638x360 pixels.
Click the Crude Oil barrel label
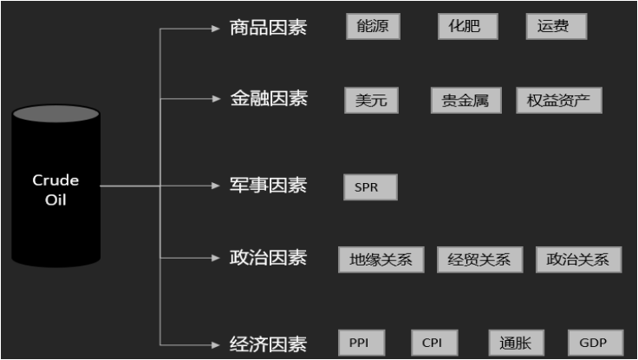coord(55,190)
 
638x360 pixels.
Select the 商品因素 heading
coord(268,28)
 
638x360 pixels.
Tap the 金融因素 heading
coord(268,99)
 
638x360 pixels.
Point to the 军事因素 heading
coord(268,185)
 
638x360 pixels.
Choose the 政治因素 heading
coord(268,258)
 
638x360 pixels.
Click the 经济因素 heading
coord(268,344)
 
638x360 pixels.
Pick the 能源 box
coord(373,26)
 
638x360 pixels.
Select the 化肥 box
coord(468,26)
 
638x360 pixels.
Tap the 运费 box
coord(556,26)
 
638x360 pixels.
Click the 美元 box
coord(372,100)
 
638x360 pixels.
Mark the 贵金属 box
coord(466,100)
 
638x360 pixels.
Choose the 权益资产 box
coord(558,100)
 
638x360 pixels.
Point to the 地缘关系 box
coord(381,259)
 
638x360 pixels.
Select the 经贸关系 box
coord(479,259)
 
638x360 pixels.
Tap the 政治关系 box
coord(578,259)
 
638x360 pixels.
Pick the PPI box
coord(360,343)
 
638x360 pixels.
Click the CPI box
coord(433,343)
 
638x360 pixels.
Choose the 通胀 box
coord(514,343)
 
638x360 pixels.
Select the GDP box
coord(593,343)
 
